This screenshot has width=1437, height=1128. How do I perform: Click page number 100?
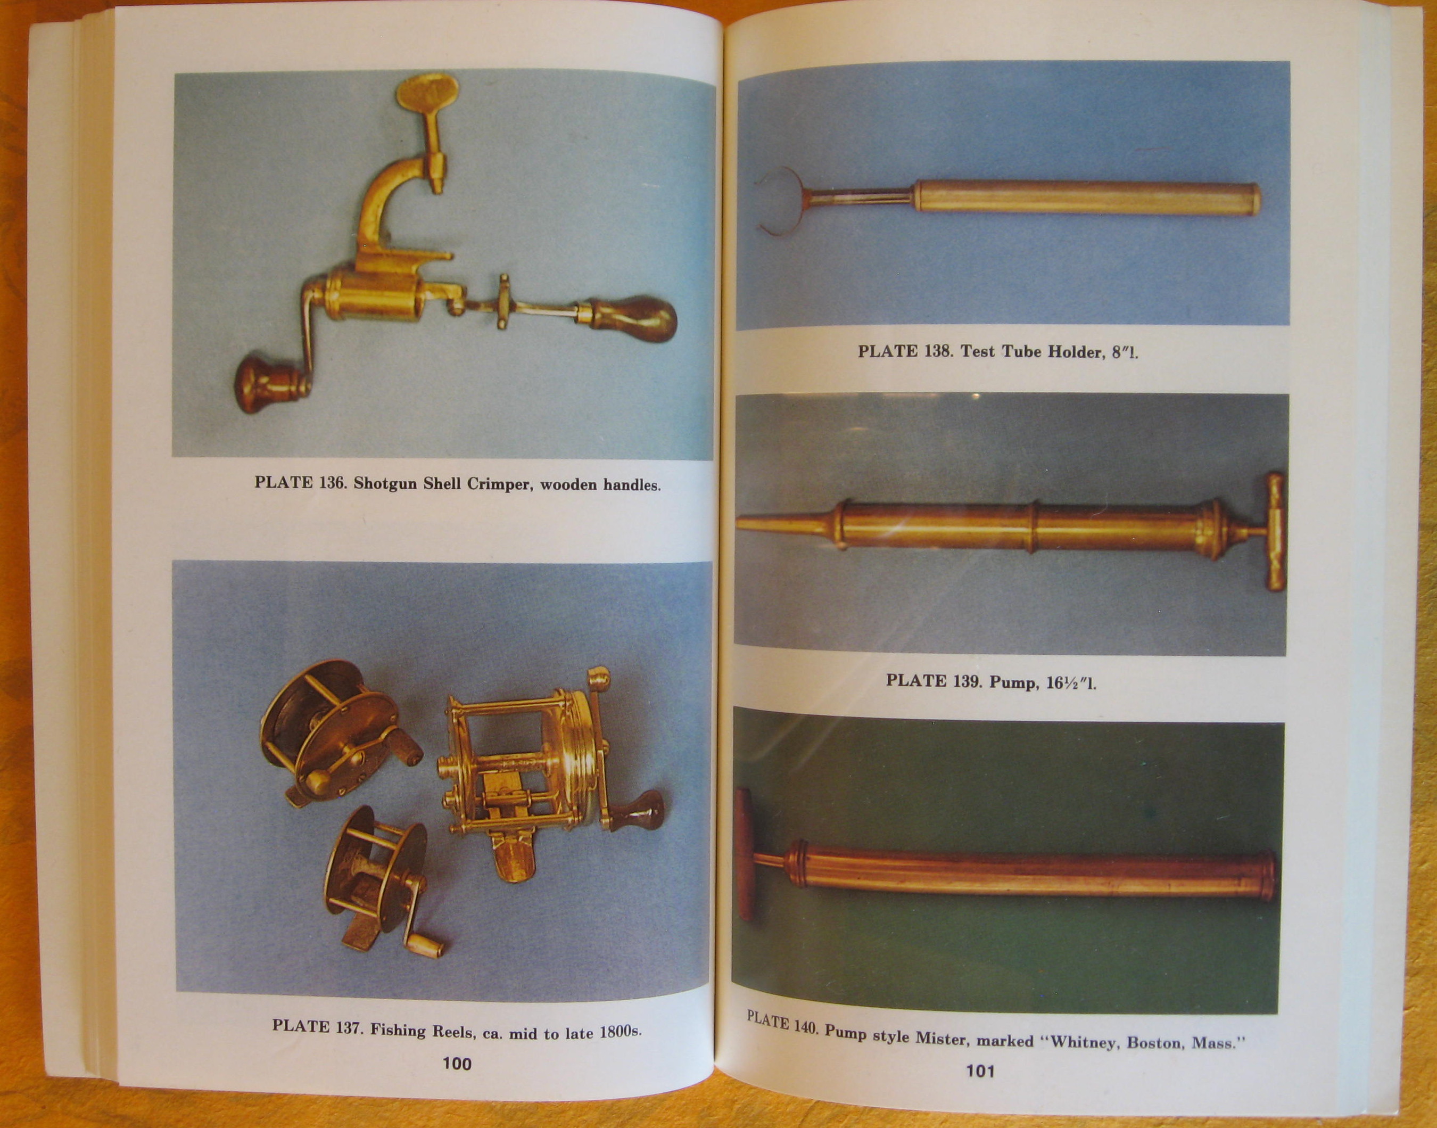point(457,1063)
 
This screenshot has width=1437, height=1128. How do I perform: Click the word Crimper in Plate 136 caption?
point(500,484)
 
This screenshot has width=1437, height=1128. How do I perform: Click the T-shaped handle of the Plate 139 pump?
point(1274,531)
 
